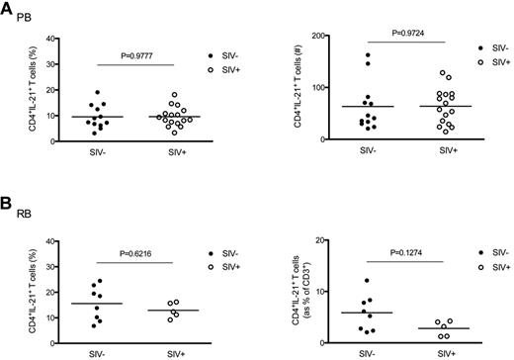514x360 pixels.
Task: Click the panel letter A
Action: point(9,9)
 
